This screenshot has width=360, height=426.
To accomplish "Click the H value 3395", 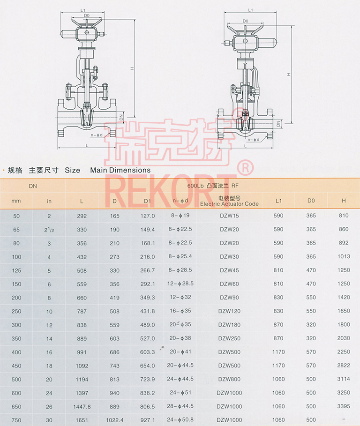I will point(344,407).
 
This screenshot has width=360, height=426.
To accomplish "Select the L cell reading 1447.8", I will point(82,407).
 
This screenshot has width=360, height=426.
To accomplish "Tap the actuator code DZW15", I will point(229,216).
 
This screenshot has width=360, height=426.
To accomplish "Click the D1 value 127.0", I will point(148,216).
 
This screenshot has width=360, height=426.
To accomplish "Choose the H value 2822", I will point(344,366).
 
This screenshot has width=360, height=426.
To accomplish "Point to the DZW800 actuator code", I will point(229,380).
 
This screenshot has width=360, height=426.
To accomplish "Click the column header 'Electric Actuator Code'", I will point(229,204).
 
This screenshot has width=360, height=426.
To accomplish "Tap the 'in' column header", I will point(49,201).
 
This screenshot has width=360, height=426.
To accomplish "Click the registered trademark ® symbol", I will point(245,166).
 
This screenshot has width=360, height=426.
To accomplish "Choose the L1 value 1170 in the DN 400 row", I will point(278,352).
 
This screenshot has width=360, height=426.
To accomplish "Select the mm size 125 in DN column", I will point(16,270).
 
